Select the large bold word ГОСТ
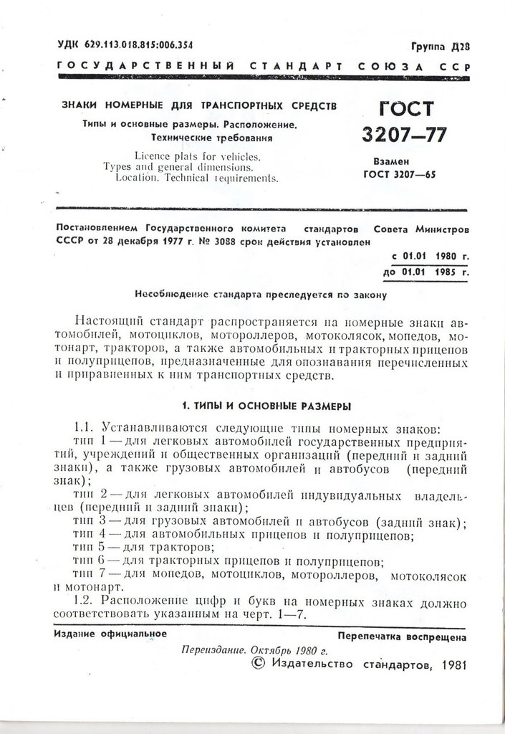pos(405,108)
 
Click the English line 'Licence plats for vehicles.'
pos(198,156)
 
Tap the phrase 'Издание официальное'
pos(110,634)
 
